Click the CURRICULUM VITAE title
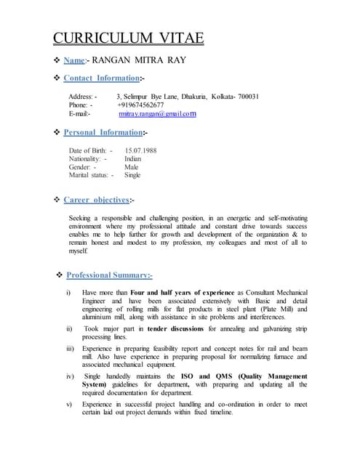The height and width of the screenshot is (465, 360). tap(129, 38)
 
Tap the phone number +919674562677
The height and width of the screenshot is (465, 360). tap(140, 105)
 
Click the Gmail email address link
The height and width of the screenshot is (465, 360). tap(157, 113)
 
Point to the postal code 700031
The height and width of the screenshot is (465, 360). tap(245, 97)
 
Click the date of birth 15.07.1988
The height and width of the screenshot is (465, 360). tap(140, 150)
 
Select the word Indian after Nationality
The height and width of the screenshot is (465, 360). tap(133, 158)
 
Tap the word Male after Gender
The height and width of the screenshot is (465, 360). tap(132, 167)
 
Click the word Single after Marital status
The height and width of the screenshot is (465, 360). tap(132, 175)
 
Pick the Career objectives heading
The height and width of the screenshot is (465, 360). tap(96, 199)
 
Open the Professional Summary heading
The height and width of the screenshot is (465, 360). tap(108, 275)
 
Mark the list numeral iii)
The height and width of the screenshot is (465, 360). tap(71, 349)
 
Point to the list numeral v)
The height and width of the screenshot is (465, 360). tap(70, 404)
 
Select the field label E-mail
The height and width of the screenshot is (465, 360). tap(79, 113)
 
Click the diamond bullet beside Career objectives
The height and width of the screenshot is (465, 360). tap(57, 199)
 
